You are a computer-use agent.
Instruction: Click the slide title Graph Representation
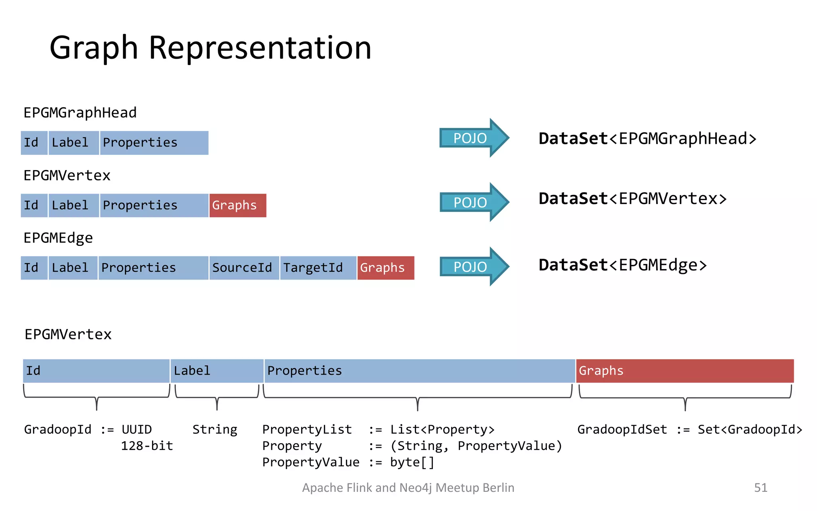210,48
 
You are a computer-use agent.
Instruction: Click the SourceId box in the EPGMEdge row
244,268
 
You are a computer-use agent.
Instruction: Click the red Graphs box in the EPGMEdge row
385,268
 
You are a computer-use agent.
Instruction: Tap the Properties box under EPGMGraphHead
154,143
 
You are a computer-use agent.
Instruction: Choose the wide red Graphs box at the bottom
685,371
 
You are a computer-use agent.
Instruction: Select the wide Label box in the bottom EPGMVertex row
217,371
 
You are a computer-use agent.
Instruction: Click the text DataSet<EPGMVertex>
632,199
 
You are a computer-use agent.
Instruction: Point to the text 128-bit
147,446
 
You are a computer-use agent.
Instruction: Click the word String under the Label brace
215,430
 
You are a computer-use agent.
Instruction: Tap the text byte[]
412,462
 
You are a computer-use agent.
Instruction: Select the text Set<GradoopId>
750,430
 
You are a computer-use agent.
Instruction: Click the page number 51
760,488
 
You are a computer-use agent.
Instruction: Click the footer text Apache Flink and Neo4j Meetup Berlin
408,488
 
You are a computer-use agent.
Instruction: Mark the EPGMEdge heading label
58,238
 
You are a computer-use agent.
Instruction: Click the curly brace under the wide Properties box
417,398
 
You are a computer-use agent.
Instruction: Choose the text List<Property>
442,430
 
